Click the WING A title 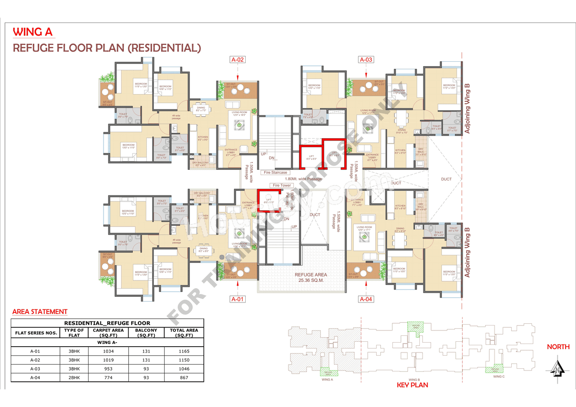[33, 32]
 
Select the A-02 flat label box [238, 59]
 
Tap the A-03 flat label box [366, 59]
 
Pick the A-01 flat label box [238, 299]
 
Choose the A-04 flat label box [366, 299]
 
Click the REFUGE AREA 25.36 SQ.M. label [310, 277]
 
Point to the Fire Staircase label [275, 172]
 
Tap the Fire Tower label [282, 185]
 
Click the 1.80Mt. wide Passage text [303, 179]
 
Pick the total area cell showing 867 [184, 378]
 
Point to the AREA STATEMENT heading [40, 312]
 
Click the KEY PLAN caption [412, 385]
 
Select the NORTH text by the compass [558, 347]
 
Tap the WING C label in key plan [498, 376]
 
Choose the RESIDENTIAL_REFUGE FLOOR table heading [107, 323]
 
